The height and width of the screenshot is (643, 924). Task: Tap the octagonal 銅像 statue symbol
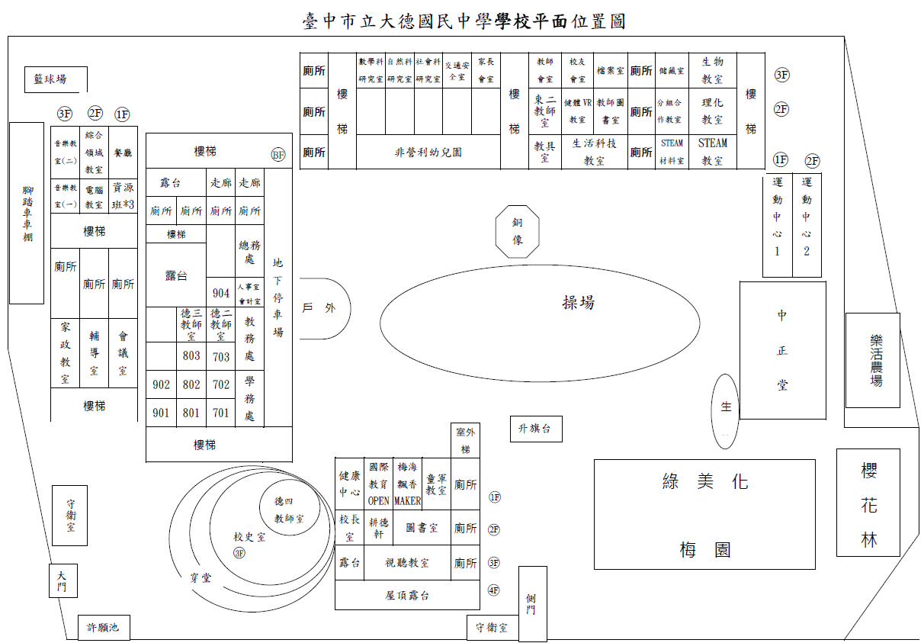[517, 231]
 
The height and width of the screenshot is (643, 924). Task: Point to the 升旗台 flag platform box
[535, 429]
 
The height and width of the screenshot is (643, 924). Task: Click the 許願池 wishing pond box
[104, 628]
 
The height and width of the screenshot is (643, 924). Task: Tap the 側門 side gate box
[532, 603]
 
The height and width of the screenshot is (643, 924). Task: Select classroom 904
[221, 293]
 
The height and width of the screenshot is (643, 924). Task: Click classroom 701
[221, 413]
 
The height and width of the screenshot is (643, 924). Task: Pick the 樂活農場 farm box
[872, 360]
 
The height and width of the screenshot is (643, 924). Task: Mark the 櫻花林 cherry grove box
[868, 504]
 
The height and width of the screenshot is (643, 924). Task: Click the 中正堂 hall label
[782, 350]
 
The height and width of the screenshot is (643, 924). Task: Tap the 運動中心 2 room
[807, 224]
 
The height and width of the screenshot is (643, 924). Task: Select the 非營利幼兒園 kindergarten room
[428, 152]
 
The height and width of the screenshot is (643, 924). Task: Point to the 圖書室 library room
[422, 528]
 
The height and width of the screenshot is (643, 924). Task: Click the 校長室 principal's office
[349, 528]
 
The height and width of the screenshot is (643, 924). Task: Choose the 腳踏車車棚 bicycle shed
[27, 214]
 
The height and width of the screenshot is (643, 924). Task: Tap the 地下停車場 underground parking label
[278, 297]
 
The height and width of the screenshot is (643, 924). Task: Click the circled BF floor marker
[278, 155]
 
